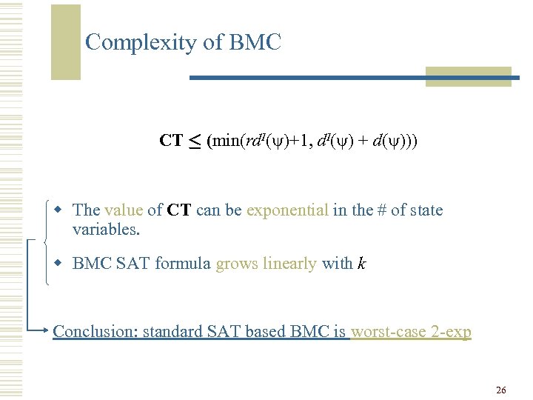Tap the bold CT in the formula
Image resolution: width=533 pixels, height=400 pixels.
[x=171, y=140]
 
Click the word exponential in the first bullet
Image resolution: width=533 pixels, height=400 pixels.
[x=287, y=210]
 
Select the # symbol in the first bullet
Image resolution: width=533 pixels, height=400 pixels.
[x=381, y=210]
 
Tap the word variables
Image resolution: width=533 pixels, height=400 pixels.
[x=106, y=230]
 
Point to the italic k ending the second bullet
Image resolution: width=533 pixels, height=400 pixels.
[x=361, y=264]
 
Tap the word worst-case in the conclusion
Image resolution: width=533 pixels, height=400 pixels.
[x=386, y=331]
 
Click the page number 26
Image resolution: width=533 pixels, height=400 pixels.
[x=500, y=389]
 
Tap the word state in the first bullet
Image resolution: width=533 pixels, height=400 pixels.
[x=428, y=210]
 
